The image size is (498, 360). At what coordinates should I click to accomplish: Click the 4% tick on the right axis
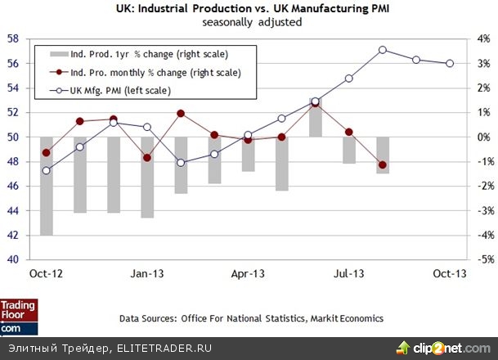click(x=484, y=38)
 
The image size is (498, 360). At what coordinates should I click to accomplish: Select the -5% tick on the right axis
click(x=482, y=260)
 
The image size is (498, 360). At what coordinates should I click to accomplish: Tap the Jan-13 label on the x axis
click(x=148, y=273)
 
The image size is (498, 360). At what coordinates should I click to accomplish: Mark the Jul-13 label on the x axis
click(x=348, y=273)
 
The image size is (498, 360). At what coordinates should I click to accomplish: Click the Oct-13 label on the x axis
click(x=450, y=273)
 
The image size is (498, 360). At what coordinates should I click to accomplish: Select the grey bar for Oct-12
click(x=47, y=187)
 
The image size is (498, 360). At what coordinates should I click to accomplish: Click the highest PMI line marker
click(x=383, y=50)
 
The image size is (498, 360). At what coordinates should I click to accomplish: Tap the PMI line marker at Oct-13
click(x=450, y=64)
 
